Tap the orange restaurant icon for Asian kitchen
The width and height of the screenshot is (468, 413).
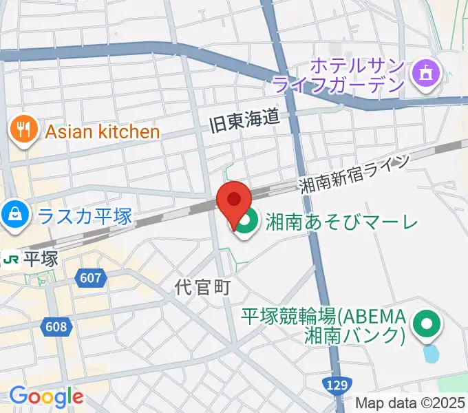(x=23, y=129)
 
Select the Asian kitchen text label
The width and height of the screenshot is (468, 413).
(x=103, y=131)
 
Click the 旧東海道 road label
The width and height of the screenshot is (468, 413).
(x=244, y=119)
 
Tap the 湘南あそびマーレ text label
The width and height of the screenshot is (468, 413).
(x=341, y=222)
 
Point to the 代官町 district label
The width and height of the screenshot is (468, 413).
(x=202, y=287)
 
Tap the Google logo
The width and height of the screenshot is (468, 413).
(x=46, y=396)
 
